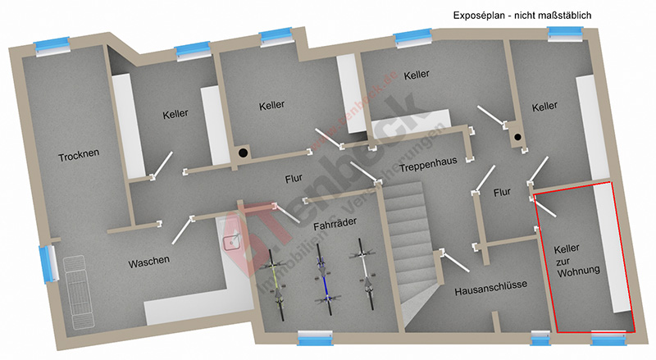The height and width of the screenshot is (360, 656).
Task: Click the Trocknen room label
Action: pyautogui.click(x=79, y=156)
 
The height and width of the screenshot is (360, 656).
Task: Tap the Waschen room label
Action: pyautogui.click(x=148, y=262)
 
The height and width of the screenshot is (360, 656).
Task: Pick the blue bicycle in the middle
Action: pyautogui.click(x=326, y=277)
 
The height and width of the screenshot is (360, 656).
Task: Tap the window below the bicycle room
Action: pyautogui.click(x=316, y=338)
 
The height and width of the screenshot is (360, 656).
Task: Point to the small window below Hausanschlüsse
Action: pyautogui.click(x=540, y=339)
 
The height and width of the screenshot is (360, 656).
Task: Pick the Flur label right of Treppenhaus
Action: pyautogui.click(x=502, y=192)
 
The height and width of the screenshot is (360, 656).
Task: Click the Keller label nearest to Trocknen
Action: pyautogui.click(x=175, y=114)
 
